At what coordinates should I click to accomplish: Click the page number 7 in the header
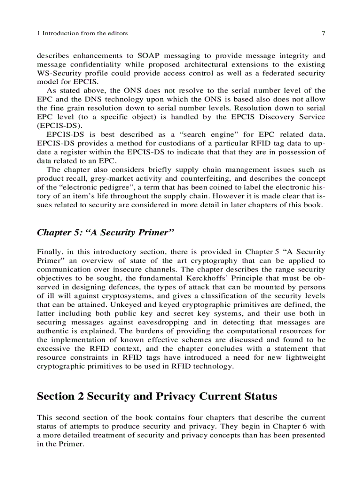click(x=323, y=33)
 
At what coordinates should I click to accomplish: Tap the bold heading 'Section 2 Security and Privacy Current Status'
click(x=157, y=396)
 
